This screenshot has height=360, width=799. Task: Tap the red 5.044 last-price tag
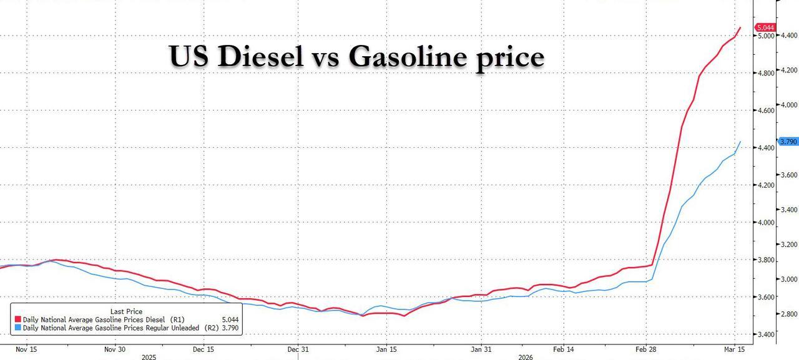click(765, 27)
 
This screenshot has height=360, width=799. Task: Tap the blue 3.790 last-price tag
click(788, 142)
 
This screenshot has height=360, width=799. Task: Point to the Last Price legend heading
click(126, 311)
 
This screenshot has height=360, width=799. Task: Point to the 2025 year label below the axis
click(149, 358)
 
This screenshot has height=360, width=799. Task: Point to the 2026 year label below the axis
click(526, 358)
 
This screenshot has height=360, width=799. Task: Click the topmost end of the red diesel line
click(740, 27)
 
